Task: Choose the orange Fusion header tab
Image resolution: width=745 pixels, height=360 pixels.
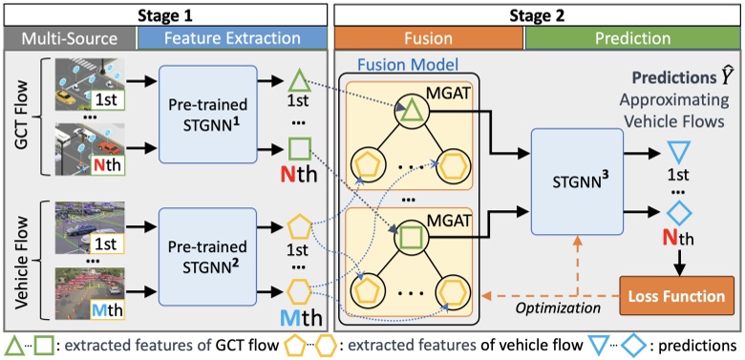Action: [x=428, y=38]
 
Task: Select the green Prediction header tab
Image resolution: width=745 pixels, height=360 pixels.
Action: [x=632, y=38]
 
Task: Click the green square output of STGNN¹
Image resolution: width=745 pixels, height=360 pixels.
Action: [x=300, y=149]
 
